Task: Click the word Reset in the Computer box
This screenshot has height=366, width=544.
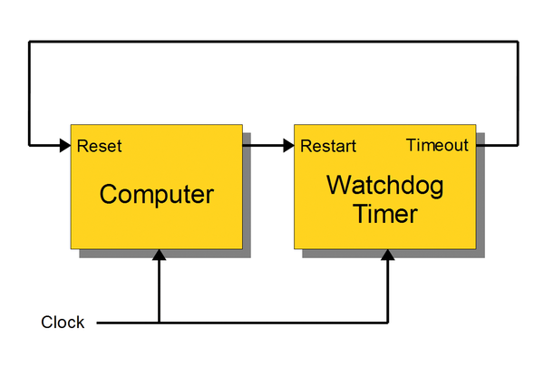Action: tap(99, 146)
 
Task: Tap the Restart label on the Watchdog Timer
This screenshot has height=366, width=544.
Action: tap(328, 146)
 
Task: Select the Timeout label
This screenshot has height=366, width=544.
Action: tap(437, 145)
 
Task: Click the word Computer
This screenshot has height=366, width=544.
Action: tap(157, 195)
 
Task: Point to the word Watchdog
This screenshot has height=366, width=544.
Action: tap(385, 186)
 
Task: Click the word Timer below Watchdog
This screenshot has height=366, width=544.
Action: tap(385, 214)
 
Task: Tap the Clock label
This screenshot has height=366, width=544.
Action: tap(63, 323)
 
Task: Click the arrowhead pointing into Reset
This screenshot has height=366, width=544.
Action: tap(65, 146)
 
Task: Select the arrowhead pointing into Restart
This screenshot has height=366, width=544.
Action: tap(288, 146)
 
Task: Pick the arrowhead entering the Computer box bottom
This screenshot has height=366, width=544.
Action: tap(160, 255)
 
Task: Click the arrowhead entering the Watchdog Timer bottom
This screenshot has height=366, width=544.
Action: tap(388, 255)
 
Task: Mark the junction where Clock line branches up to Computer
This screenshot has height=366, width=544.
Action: tap(160, 323)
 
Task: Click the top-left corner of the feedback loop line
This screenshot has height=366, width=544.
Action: tap(30, 42)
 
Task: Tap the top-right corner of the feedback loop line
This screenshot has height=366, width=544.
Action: tap(518, 42)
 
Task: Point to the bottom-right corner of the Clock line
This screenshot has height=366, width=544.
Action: tap(388, 323)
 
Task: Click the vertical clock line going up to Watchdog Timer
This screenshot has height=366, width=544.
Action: tap(388, 291)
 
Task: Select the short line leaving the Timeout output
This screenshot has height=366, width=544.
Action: tap(497, 146)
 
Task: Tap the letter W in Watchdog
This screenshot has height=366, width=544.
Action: tap(338, 185)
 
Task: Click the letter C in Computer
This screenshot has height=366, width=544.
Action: tap(109, 194)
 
